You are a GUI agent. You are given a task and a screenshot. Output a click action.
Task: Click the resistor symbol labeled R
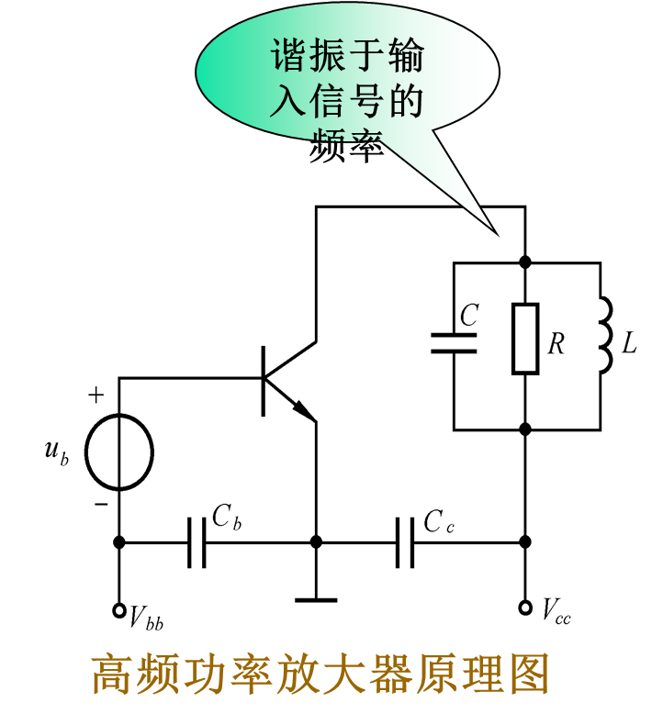[x=525, y=338]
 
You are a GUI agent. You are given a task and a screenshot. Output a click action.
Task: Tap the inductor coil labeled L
[x=604, y=337]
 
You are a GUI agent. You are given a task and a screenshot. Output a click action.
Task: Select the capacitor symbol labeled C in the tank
[x=454, y=343]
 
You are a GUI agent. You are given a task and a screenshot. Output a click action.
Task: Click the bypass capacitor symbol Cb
[x=197, y=542]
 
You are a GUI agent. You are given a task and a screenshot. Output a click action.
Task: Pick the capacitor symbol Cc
[x=405, y=542]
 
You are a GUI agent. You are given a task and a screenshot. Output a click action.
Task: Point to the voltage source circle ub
[x=119, y=452]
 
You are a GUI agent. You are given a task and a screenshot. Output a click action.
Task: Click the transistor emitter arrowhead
[x=304, y=411]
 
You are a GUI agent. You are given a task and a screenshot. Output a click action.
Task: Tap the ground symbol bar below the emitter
[x=316, y=600]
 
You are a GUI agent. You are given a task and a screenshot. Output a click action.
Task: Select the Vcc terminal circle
[x=525, y=608]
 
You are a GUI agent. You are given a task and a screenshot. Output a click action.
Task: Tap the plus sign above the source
[x=96, y=396]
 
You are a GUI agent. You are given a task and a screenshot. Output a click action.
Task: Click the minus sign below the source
[x=101, y=504]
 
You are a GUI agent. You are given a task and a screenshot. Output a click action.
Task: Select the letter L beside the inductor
[x=629, y=344]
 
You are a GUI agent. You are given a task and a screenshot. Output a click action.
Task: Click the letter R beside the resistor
[x=556, y=344]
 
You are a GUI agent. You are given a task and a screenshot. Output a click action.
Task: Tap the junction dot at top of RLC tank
[x=525, y=262]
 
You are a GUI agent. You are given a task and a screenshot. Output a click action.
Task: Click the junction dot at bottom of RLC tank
[x=525, y=429]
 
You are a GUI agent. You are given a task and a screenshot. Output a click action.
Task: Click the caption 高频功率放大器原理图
[x=320, y=676]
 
